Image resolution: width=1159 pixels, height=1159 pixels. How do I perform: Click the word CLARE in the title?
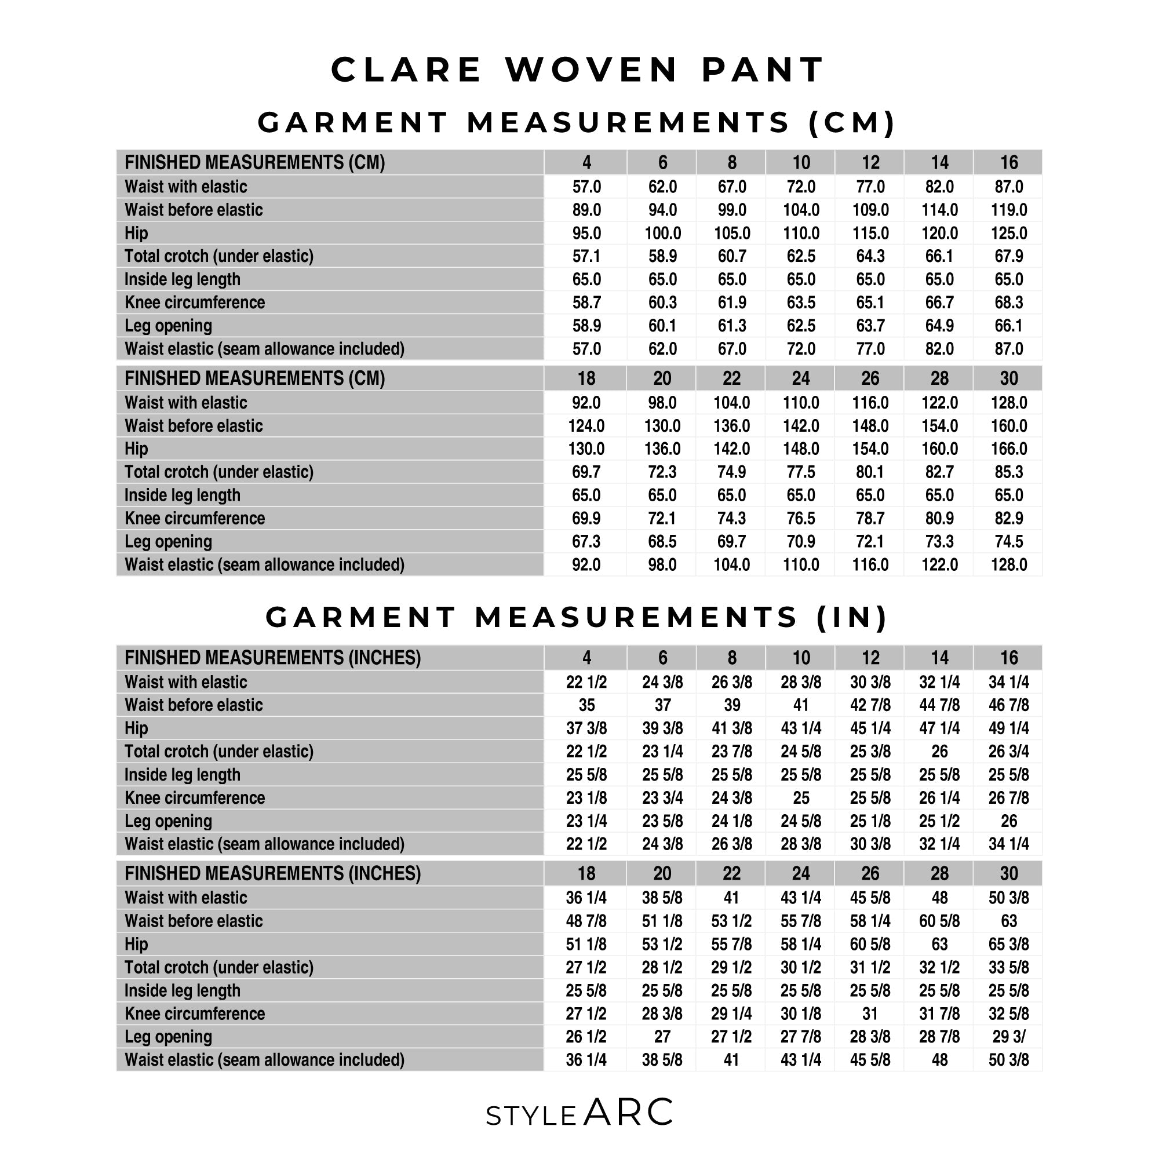406,70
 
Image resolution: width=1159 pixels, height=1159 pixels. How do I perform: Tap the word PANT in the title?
763,70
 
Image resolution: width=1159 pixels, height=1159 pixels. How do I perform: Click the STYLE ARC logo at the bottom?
579,1113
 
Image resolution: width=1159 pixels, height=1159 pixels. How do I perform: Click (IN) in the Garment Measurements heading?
852,617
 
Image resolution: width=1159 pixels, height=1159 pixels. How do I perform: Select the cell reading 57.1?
586,256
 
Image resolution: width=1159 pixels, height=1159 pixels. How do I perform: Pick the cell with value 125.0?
1008,233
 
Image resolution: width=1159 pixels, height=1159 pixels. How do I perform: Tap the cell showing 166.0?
1008,449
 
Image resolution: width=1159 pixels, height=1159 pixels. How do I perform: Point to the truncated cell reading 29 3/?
1008,1037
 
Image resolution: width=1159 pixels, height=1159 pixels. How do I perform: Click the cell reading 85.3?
1008,472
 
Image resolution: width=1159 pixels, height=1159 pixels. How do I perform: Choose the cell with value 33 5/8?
1008,967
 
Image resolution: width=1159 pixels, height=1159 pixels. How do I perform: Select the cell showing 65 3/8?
1008,944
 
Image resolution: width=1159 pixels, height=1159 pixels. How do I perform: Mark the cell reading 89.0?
586,210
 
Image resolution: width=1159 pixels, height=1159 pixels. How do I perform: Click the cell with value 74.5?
1008,542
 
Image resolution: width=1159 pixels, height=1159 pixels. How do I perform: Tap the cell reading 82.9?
1008,518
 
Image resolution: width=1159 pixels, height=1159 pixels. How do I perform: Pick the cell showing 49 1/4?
1008,728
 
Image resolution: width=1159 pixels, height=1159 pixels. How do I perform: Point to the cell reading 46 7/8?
1008,705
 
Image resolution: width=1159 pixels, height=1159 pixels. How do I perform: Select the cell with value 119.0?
1008,210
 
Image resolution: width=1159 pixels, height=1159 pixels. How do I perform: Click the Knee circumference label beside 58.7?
194,302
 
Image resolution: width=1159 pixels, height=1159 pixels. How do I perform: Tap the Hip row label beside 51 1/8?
136,944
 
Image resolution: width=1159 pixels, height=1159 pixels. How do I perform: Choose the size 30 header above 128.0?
1008,378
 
